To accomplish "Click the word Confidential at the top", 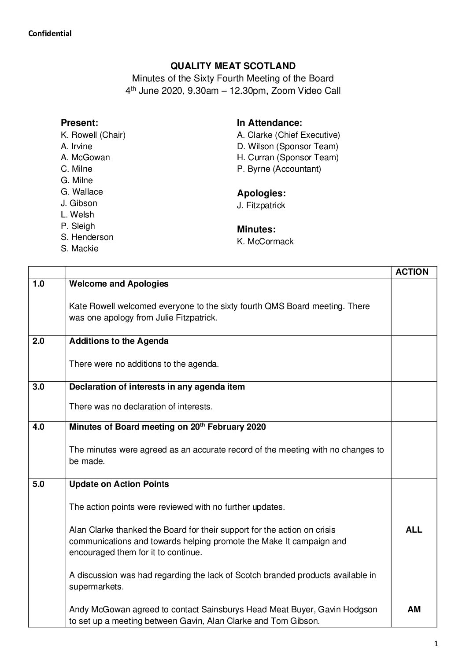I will (x=50, y=33).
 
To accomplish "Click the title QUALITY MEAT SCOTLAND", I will (x=233, y=66).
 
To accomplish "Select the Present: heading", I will (x=79, y=123).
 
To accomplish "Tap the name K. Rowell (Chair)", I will (x=93, y=135).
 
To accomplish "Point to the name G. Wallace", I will (x=82, y=191).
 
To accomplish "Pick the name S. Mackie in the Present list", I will (x=80, y=248).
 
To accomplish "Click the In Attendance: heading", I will (x=269, y=123).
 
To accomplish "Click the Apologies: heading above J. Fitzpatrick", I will (x=261, y=193).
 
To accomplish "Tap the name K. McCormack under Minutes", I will (x=265, y=241).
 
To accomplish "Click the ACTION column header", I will (x=412, y=272).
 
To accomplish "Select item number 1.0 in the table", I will (x=39, y=283).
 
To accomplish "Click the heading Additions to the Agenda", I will (x=119, y=341).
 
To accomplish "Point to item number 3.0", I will (x=39, y=387).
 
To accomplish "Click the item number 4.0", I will (x=39, y=427).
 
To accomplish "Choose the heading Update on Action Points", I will (x=119, y=484).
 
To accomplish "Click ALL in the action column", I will (x=414, y=530).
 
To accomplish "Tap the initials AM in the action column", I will (x=414, y=610).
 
